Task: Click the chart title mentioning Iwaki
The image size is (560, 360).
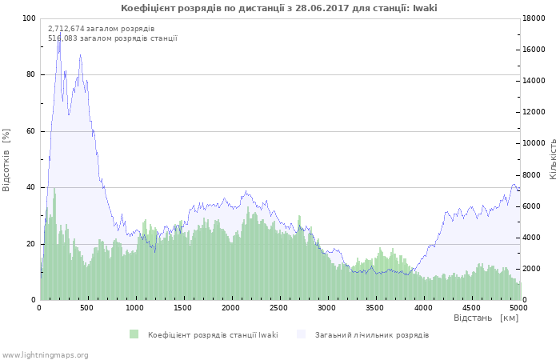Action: [x=279, y=8]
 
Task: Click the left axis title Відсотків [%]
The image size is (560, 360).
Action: [x=6, y=160]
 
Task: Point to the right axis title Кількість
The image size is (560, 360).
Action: [x=552, y=158]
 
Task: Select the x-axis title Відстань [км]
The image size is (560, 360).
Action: [x=486, y=318]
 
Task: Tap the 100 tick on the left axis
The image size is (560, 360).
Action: [x=29, y=18]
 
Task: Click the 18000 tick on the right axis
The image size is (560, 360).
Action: [x=535, y=18]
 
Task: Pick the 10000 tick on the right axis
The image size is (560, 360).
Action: [x=535, y=143]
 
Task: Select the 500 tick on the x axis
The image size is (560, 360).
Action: [x=88, y=307]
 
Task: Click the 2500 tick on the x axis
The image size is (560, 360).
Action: [x=279, y=307]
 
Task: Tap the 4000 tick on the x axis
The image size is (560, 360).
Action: [x=423, y=307]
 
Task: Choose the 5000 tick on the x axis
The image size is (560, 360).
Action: [x=518, y=307]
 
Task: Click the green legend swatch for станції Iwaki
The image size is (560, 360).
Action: [x=134, y=334]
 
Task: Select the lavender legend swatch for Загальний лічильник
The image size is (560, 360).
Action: [x=301, y=334]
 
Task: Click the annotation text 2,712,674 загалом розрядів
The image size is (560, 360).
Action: [x=101, y=29]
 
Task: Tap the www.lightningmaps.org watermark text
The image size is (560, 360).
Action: [x=45, y=354]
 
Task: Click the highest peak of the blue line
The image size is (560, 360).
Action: [x=58, y=37]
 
